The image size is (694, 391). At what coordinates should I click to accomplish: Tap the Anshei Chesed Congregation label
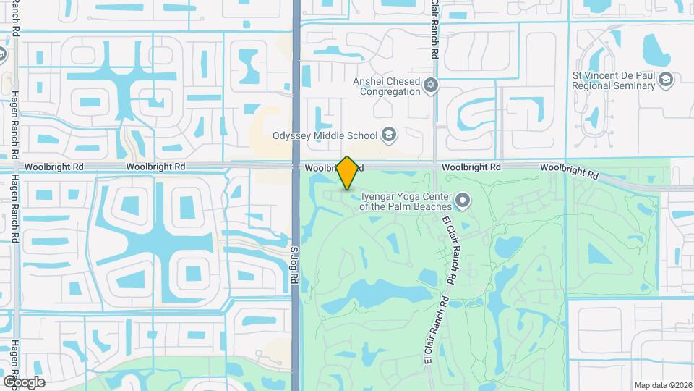click(387, 86)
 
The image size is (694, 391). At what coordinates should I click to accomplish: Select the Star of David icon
click(431, 86)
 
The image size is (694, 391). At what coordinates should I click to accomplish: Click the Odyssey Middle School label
click(325, 135)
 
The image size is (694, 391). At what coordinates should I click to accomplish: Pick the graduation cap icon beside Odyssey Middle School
click(388, 135)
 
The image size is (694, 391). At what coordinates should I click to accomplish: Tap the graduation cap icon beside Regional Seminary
click(667, 80)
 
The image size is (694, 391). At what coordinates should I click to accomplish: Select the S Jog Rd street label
click(294, 261)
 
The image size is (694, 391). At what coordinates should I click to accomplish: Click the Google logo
click(23, 382)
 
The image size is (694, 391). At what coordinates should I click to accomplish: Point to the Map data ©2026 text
click(662, 384)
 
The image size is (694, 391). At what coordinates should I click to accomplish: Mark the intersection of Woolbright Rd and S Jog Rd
click(296, 167)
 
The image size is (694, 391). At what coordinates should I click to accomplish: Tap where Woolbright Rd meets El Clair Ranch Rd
click(434, 167)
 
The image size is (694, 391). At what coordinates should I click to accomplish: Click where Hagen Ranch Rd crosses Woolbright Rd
click(15, 167)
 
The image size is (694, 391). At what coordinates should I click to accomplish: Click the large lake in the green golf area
click(380, 293)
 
